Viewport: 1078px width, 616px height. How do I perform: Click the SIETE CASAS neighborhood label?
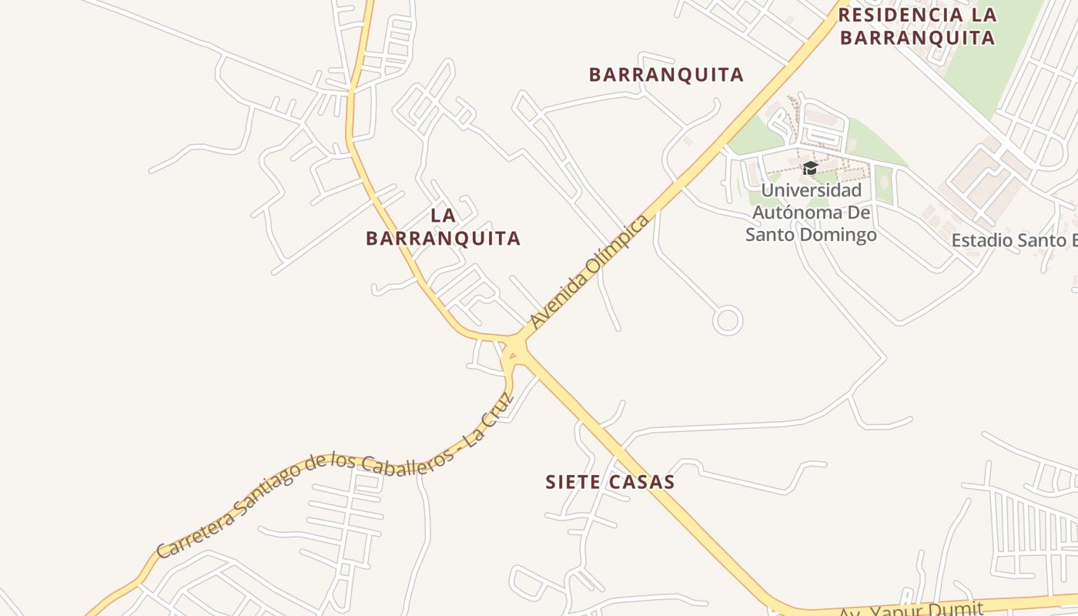(x=610, y=482)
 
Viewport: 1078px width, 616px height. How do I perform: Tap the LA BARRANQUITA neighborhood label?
(x=443, y=227)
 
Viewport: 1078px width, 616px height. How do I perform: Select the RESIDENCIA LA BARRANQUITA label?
(x=917, y=25)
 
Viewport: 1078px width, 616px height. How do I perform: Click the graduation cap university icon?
(x=809, y=168)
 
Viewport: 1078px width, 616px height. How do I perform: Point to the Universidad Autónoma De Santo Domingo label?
(x=811, y=213)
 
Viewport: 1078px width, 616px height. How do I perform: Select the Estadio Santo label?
(x=1013, y=240)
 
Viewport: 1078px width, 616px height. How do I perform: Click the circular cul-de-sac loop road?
(x=728, y=320)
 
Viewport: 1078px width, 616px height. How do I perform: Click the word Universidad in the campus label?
(x=811, y=190)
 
